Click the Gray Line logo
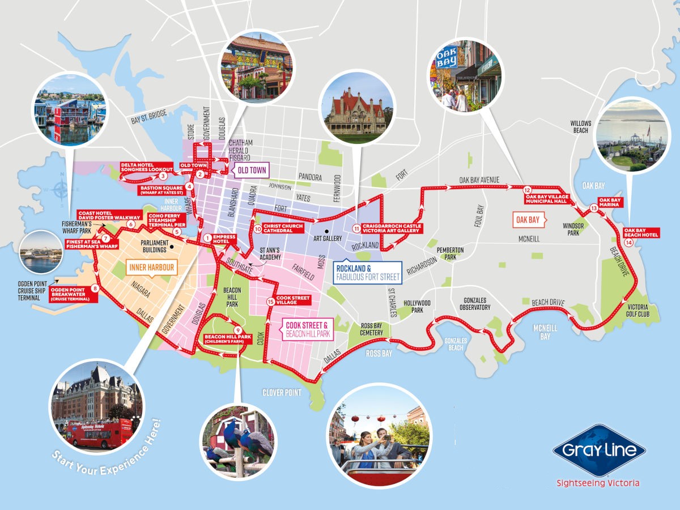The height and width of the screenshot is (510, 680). click(599, 450)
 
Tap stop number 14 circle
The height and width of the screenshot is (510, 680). click(629, 243)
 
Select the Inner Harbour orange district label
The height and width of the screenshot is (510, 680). click(151, 267)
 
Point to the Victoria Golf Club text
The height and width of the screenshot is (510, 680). click(639, 310)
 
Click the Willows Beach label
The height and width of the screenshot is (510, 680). click(580, 126)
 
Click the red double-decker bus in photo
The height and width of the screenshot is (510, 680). click(97, 432)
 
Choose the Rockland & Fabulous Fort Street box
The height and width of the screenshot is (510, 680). click(368, 273)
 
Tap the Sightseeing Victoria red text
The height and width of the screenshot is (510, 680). click(598, 483)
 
